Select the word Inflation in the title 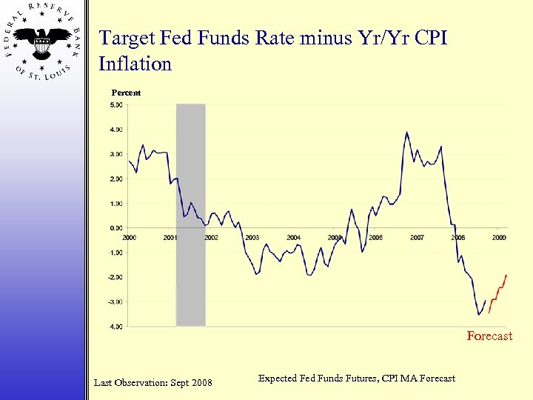click(x=135, y=64)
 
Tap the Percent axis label click(x=126, y=93)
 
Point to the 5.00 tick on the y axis click(x=116, y=105)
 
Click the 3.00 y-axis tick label click(x=116, y=154)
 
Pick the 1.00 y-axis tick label click(x=116, y=204)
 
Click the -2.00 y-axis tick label click(x=115, y=277)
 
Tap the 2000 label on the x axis click(x=129, y=238)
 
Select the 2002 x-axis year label click(x=211, y=238)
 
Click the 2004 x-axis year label click(x=293, y=238)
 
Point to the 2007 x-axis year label click(x=417, y=238)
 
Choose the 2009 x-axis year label click(x=499, y=238)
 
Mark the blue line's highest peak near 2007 click(x=406, y=133)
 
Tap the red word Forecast click(x=489, y=336)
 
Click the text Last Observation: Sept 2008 click(x=152, y=382)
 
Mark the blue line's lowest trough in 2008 click(x=479, y=314)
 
